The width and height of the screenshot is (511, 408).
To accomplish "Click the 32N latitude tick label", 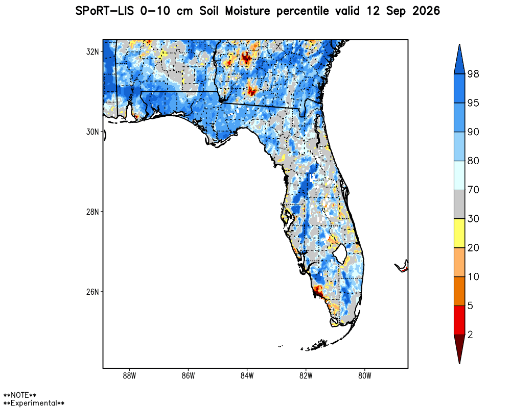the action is pos(92,52).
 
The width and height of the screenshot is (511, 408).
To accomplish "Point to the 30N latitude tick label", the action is pos(92,132).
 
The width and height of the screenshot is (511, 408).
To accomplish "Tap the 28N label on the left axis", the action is pos(92,212).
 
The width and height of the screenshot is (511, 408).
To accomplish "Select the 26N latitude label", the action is pos(92,292).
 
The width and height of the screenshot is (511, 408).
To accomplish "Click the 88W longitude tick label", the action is pos(129,376).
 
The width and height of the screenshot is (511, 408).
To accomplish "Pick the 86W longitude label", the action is pos(188,376).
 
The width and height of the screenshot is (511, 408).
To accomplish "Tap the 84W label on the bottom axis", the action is pos(247,376).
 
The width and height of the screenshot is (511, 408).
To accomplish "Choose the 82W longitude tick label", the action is pos(306,376).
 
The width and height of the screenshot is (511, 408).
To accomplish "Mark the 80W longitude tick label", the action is pos(365,376).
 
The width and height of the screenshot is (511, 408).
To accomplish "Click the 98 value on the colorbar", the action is pos(473,74).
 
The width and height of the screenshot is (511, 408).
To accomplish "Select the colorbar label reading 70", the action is pos(473,190).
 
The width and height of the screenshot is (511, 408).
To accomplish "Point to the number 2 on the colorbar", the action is pos(470,335).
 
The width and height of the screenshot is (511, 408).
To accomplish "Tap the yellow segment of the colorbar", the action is pos(459,233).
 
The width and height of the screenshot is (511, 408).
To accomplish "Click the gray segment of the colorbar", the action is pos(459,205).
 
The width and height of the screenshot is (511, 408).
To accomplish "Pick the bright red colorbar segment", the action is pos(459,320).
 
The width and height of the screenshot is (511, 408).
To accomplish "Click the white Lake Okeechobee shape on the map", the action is pos(340,254).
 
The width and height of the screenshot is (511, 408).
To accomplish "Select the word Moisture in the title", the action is pos(247,11).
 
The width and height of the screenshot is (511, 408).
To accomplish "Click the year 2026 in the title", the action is pos(426,11).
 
